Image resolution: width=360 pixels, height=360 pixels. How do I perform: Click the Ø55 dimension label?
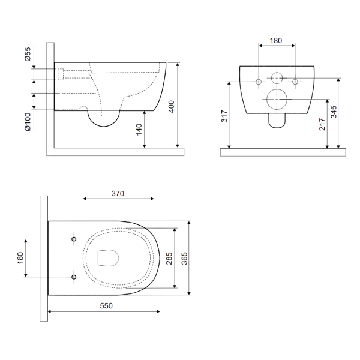pyautogui.click(x=28, y=54)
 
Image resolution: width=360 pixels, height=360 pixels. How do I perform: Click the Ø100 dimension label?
pyautogui.click(x=28, y=122)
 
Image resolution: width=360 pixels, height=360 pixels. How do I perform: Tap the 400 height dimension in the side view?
pyautogui.click(x=172, y=107)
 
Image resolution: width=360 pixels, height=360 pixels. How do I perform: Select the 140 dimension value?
pyautogui.click(x=139, y=130)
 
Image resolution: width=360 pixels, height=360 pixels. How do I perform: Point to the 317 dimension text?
pyautogui.click(x=224, y=116)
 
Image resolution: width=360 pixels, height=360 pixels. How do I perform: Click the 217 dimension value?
pyautogui.click(x=322, y=124)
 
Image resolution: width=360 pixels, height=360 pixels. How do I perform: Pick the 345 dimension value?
pyautogui.click(x=334, y=112)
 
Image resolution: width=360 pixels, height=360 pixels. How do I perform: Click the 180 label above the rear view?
pyautogui.click(x=276, y=41)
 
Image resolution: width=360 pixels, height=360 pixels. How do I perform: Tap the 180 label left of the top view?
pyautogui.click(x=20, y=258)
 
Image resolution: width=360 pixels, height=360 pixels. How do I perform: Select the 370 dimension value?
pyautogui.click(x=118, y=194)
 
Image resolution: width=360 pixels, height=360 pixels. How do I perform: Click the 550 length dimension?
pyautogui.click(x=106, y=305)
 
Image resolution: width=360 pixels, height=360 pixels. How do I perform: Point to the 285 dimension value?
pyautogui.click(x=169, y=258)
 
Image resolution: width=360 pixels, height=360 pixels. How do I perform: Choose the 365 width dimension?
pyautogui.click(x=184, y=258)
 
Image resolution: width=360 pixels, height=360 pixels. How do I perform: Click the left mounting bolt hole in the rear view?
pyautogui.click(x=259, y=82)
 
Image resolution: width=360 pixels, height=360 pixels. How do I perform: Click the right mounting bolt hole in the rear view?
pyautogui.click(x=295, y=82)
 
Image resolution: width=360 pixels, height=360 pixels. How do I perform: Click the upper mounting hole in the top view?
pyautogui.click(x=74, y=239)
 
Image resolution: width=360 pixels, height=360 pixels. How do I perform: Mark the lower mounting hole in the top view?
pyautogui.click(x=74, y=277)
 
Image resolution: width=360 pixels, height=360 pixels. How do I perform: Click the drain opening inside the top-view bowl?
pyautogui.click(x=98, y=258)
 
